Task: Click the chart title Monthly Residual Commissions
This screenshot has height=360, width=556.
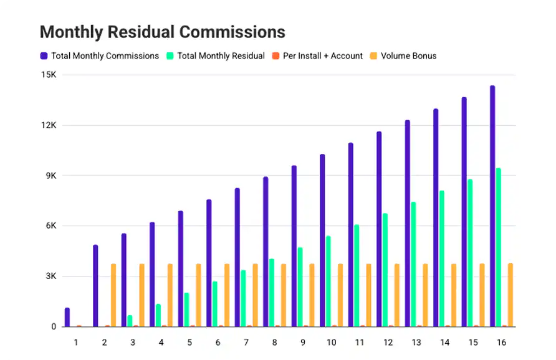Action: tap(162, 32)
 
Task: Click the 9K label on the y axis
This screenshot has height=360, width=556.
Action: tap(50, 176)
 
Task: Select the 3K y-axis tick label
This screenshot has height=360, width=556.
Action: tap(50, 277)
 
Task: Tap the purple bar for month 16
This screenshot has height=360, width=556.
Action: tap(492, 206)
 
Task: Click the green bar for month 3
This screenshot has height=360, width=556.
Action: tap(130, 321)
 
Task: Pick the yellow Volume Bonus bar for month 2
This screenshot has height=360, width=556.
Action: tap(113, 295)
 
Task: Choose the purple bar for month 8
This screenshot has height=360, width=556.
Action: tap(266, 252)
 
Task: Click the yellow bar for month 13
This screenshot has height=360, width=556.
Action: tap(425, 295)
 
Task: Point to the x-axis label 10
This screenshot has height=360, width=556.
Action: tap(331, 343)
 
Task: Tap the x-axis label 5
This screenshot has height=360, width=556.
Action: tap(189, 343)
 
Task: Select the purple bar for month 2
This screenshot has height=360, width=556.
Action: tap(95, 286)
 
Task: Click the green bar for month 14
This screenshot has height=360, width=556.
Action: tap(441, 258)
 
